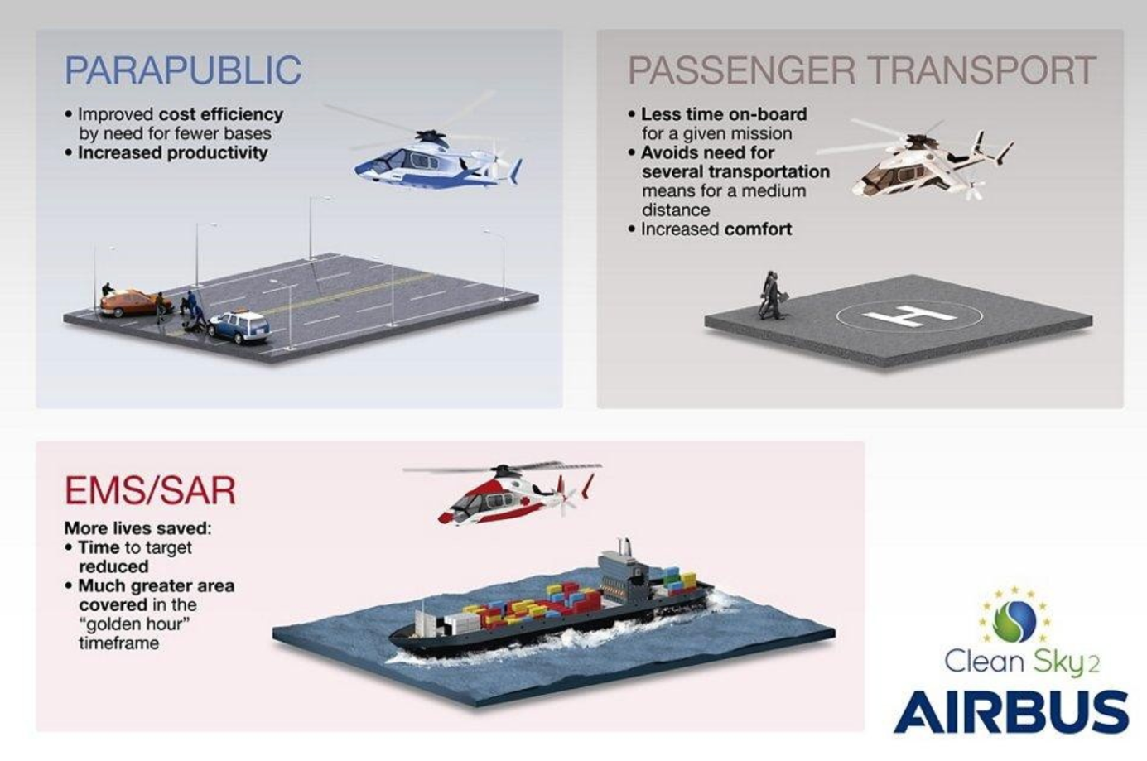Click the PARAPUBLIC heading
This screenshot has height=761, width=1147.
[x=183, y=70]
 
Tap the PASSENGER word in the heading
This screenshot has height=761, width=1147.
[x=741, y=70]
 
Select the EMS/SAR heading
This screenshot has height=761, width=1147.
[x=151, y=490]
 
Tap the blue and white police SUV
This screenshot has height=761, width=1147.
[x=239, y=325]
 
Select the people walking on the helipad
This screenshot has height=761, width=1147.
[x=771, y=296]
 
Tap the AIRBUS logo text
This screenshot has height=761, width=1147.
[x=1011, y=711]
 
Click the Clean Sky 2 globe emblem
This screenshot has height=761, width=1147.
[x=1014, y=620]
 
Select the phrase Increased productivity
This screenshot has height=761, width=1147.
[x=172, y=152]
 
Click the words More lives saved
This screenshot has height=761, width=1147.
[x=137, y=528]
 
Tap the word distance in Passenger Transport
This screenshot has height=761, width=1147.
[x=676, y=210]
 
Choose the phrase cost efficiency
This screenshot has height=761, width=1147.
[x=220, y=114]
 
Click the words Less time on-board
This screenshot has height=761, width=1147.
[x=724, y=113]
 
